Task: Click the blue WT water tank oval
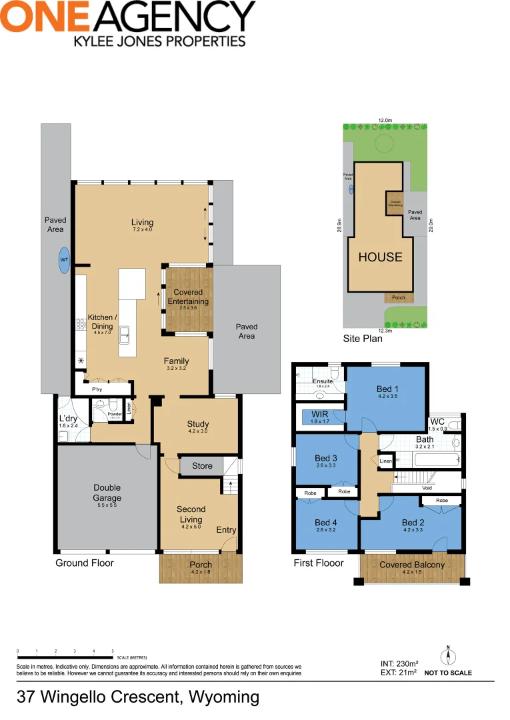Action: tap(64, 260)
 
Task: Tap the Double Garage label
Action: tap(107, 493)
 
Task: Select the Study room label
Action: tap(198, 424)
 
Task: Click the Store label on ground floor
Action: tap(202, 465)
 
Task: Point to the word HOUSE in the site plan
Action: tap(380, 257)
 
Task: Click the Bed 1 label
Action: tap(387, 389)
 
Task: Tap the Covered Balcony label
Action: tap(411, 565)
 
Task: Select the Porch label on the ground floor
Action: tap(201, 565)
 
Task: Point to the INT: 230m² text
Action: tap(399, 663)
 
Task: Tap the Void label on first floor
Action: tap(427, 487)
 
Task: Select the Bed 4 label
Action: tap(326, 523)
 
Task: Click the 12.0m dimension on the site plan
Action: tap(385, 121)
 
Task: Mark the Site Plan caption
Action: tap(363, 338)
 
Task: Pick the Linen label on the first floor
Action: tap(386, 461)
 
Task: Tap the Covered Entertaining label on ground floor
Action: tap(188, 297)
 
